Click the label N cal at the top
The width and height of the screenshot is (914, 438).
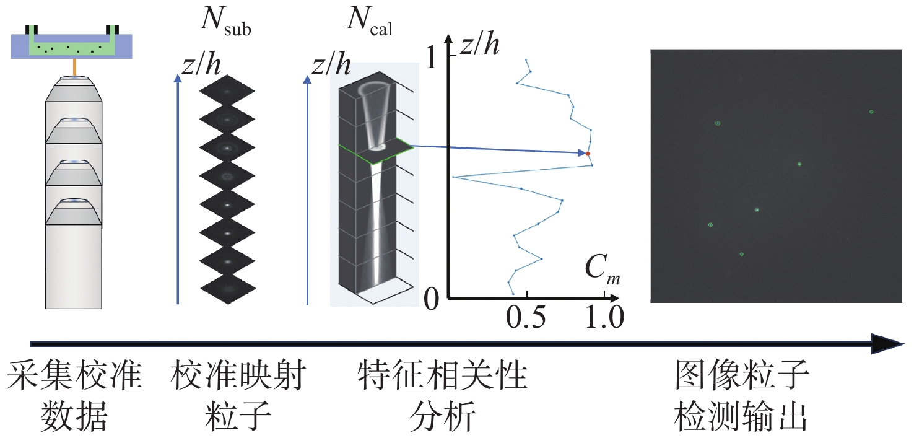coord(369,25)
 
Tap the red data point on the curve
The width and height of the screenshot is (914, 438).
coord(588,154)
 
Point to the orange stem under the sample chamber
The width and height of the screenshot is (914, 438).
coord(74,67)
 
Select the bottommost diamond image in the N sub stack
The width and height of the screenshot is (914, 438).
coord(227,286)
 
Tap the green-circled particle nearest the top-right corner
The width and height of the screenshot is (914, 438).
coord(871,112)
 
